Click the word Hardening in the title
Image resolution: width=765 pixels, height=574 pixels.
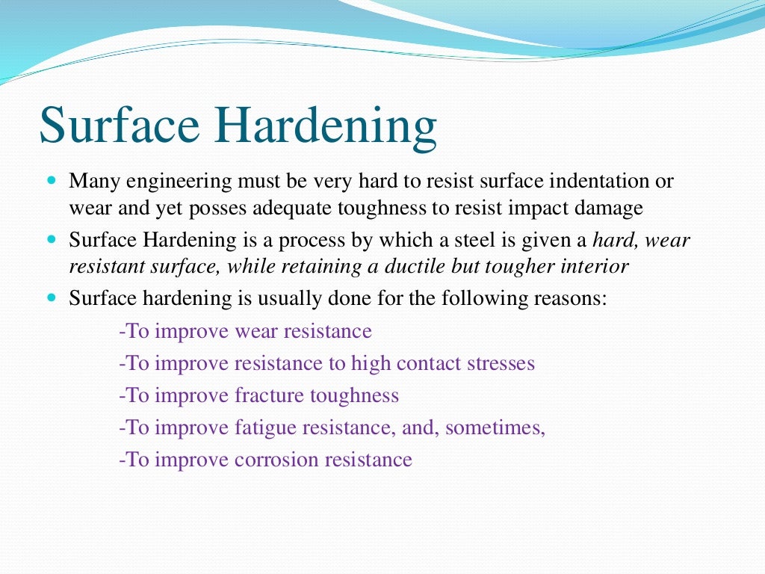[326, 126]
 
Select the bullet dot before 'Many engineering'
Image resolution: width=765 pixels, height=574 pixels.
[52, 182]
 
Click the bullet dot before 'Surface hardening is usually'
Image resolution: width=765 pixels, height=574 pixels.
[52, 297]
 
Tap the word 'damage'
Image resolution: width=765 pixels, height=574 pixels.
[608, 208]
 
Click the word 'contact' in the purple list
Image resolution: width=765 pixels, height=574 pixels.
[429, 363]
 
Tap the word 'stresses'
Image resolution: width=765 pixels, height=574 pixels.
[501, 363]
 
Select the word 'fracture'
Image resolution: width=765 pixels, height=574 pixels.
[266, 395]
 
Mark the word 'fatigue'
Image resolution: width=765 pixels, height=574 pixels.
[263, 428]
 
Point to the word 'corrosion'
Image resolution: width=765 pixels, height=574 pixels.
[276, 459]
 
